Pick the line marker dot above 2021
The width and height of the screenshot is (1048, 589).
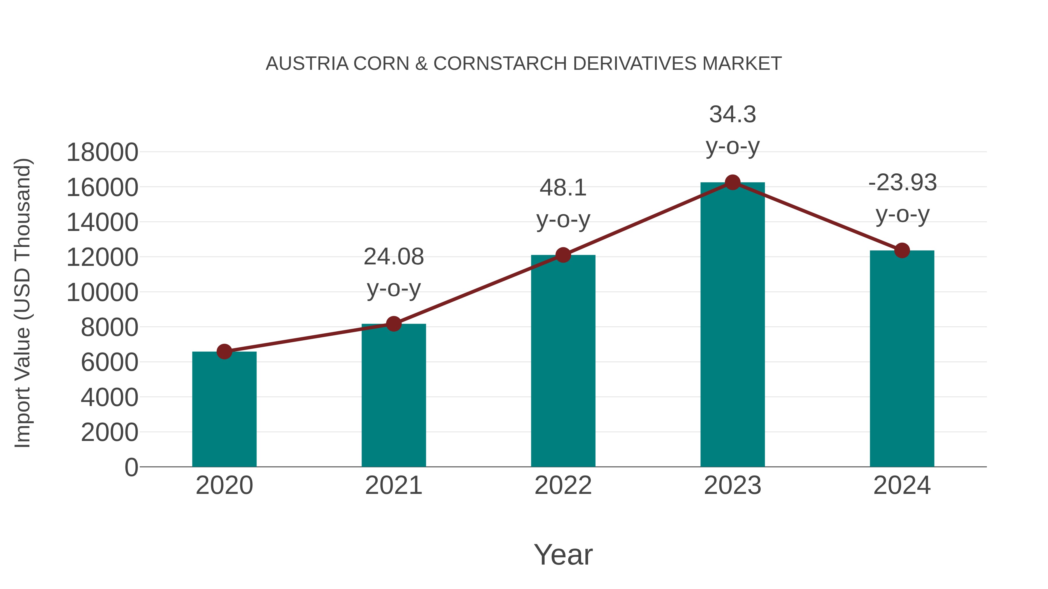tap(393, 324)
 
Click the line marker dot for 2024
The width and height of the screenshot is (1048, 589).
tap(902, 250)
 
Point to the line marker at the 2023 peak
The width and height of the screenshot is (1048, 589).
tap(732, 182)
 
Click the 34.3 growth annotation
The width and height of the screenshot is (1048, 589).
tap(732, 115)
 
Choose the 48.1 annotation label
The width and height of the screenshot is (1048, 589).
tap(563, 188)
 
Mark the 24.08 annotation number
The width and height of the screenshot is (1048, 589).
tap(393, 257)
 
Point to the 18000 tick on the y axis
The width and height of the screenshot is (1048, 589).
tap(102, 153)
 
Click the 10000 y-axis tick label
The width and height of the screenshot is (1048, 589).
tap(102, 293)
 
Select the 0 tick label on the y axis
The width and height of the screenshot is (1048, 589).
tap(131, 467)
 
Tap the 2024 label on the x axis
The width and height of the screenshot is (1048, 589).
tap(902, 486)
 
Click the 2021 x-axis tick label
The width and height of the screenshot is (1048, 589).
tap(393, 486)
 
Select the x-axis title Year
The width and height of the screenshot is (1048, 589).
tap(563, 555)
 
